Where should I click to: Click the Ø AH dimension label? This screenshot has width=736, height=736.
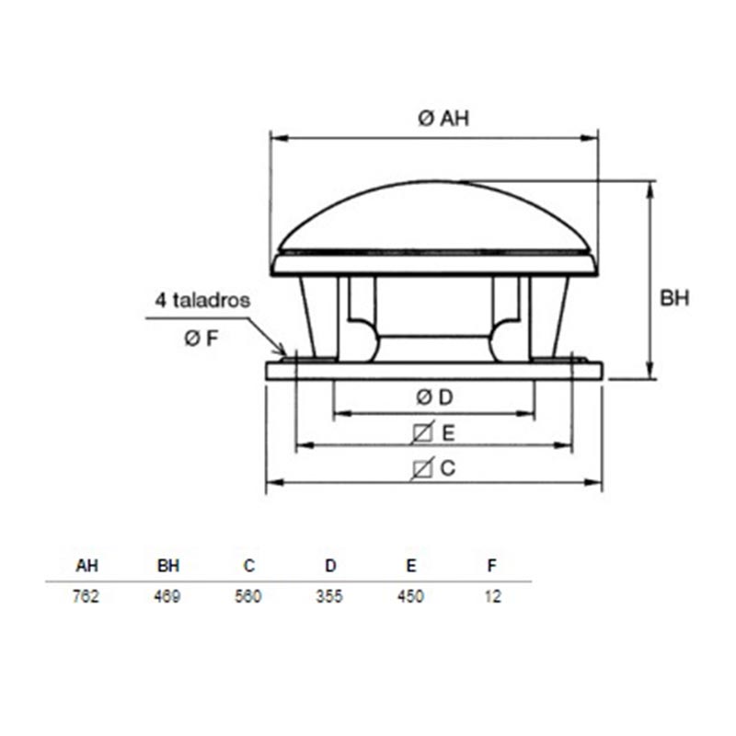tap(443, 118)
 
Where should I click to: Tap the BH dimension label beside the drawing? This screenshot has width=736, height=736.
tap(674, 298)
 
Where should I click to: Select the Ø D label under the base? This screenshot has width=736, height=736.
tap(434, 397)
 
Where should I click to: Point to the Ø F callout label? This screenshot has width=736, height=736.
tap(201, 338)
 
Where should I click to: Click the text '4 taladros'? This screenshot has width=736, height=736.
tap(202, 300)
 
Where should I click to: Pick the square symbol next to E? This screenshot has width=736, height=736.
tap(422, 432)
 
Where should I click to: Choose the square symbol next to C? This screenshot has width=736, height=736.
tap(422, 468)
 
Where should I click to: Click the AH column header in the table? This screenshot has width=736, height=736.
tap(86, 566)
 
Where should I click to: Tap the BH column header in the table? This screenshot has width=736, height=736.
tap(168, 566)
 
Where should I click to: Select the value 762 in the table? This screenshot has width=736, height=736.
tap(86, 596)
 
